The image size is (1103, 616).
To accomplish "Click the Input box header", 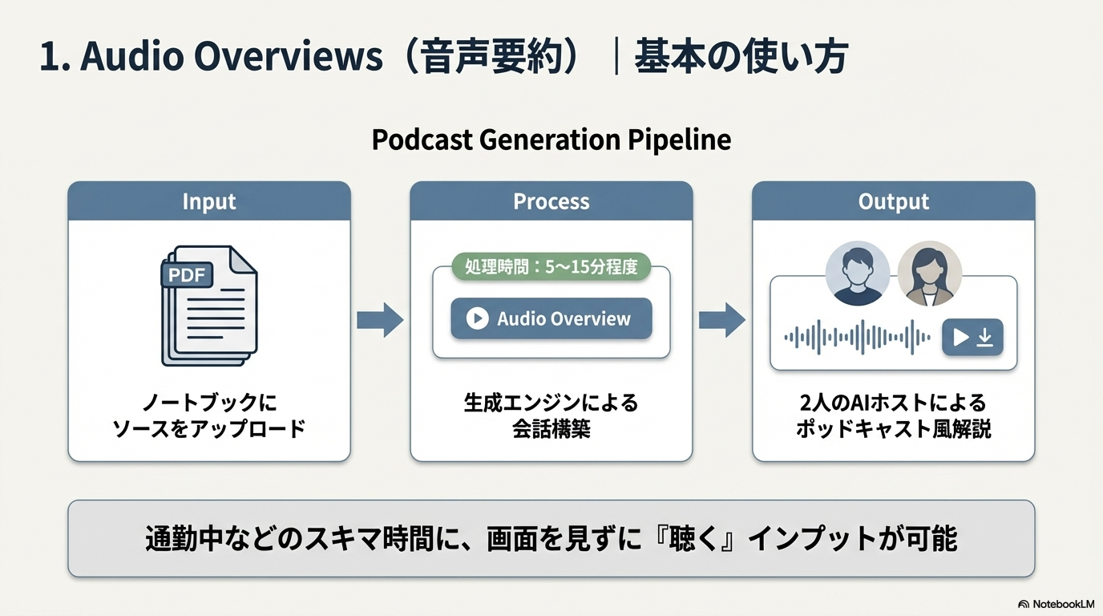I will point(209,201).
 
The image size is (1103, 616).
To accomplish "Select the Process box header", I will point(551,201).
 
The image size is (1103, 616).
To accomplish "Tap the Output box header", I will point(894,201).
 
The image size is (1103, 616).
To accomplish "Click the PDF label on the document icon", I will point(188,276).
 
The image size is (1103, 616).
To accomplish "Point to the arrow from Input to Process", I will point(380,320).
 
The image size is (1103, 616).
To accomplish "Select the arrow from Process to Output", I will point(722,320).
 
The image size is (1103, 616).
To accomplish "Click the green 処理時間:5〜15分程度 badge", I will point(551,267).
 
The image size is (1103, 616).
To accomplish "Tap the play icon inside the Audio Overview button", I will point(477,318).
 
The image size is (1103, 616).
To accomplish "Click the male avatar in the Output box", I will point(858,274).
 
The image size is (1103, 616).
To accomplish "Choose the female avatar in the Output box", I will point(929,274).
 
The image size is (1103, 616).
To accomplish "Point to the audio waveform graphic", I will point(858,337).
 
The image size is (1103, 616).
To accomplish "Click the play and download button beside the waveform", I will point(972,337).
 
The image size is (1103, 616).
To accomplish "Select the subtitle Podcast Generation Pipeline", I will point(551,140).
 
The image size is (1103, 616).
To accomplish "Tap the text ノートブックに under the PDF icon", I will point(209,402).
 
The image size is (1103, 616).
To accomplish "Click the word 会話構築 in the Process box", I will point(551,428).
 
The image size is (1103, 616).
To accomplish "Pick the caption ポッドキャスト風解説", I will point(894,428).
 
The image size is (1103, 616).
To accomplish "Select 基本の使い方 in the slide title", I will point(741,59).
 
